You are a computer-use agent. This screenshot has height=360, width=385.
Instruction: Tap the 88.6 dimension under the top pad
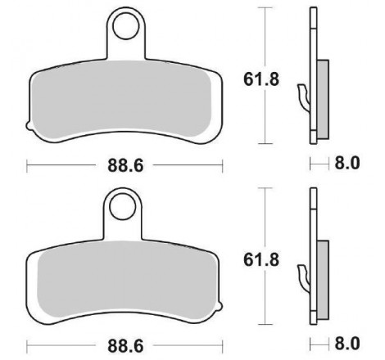[x=125, y=165]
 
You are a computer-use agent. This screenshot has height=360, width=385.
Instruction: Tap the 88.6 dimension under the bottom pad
[x=125, y=346]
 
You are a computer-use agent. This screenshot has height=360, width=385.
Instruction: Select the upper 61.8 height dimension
[x=261, y=79]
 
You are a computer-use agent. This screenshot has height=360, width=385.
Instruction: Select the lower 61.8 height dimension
[x=261, y=260]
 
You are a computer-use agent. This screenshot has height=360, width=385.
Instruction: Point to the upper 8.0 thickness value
[x=347, y=163]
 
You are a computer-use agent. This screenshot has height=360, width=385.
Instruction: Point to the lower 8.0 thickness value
[x=347, y=344]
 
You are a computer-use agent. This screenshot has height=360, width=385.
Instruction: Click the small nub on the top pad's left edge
[x=29, y=126]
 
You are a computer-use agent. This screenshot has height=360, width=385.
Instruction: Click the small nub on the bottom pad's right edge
[x=220, y=306]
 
